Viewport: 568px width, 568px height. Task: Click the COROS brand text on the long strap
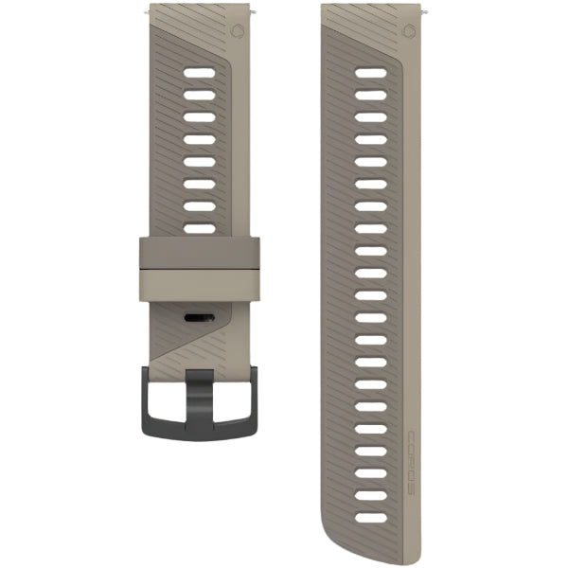[x=412, y=463]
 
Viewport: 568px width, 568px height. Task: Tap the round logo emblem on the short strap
[x=237, y=30]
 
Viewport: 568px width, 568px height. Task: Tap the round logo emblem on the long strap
[x=409, y=30]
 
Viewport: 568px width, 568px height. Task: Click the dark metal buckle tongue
[x=200, y=399]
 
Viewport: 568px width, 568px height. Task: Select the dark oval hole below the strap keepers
[x=200, y=318]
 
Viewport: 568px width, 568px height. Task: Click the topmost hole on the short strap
[x=200, y=73]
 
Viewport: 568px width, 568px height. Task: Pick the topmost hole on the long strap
[x=371, y=73]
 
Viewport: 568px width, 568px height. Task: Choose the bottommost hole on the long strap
[x=371, y=518]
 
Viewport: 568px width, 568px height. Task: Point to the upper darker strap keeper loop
[x=200, y=253]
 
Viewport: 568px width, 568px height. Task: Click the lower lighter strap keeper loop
[x=200, y=286]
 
